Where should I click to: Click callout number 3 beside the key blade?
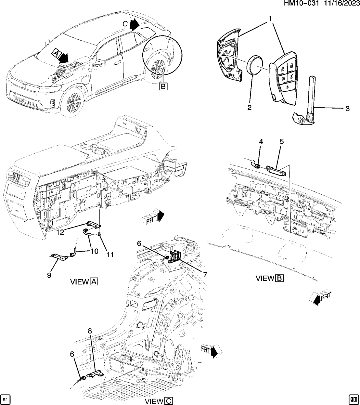[x=347, y=109]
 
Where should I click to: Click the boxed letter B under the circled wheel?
[x=163, y=86]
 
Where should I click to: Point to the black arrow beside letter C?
[x=134, y=24]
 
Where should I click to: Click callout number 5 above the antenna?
[x=281, y=141]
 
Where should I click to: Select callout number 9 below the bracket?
[x=49, y=275]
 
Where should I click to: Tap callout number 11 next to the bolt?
[x=110, y=255]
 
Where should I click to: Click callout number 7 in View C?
[x=205, y=274]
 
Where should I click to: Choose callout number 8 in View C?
[x=90, y=331]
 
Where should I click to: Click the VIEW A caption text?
[x=84, y=282]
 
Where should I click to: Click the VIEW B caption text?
[x=269, y=278]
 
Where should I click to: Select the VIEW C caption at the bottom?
[x=158, y=401]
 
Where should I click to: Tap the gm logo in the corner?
[x=354, y=398]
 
